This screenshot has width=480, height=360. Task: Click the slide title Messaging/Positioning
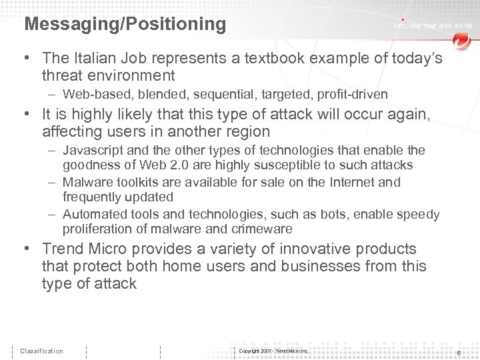point(125,25)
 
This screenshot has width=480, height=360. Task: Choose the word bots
point(333,214)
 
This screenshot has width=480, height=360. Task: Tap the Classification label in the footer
point(41,351)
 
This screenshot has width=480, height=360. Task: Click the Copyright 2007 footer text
point(273,351)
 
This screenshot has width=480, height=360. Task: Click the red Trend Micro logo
point(461,41)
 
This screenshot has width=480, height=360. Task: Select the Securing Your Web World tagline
point(432,26)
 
